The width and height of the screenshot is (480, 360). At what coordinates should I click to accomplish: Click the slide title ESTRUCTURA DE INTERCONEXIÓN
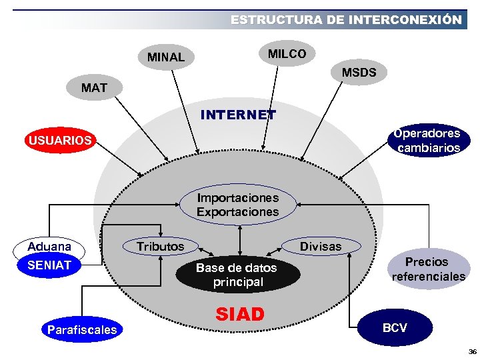point(345,20)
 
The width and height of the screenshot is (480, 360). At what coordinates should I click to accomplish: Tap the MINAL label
point(166,57)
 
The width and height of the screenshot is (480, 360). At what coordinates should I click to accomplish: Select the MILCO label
point(287,53)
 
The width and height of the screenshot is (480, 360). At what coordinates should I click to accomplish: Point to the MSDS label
point(359,73)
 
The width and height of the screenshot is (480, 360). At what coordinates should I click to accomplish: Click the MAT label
point(94,87)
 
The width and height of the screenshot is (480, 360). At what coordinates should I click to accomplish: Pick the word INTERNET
point(238,115)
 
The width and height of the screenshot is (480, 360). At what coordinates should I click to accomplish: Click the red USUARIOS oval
point(59,141)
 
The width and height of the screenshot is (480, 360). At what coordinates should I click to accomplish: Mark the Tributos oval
point(160,247)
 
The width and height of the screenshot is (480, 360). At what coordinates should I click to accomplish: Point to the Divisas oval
point(320,247)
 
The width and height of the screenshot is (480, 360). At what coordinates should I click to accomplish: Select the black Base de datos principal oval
point(236,274)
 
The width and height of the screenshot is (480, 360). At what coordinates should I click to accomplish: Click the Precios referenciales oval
point(428,269)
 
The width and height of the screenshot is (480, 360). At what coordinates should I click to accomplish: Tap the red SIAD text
point(240,314)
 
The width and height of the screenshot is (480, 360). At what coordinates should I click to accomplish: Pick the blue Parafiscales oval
point(82,329)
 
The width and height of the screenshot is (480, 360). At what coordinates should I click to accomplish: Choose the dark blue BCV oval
point(395,328)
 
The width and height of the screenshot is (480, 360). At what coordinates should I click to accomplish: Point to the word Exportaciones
point(237,212)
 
